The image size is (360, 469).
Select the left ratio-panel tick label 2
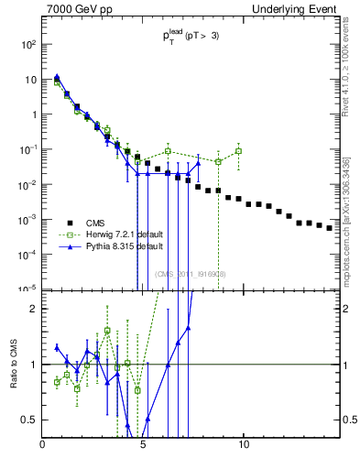34,309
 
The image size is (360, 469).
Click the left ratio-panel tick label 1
34,365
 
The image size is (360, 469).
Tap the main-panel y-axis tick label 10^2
29,44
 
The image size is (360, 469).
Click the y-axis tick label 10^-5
29,289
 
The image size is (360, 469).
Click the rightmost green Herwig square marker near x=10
238,151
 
